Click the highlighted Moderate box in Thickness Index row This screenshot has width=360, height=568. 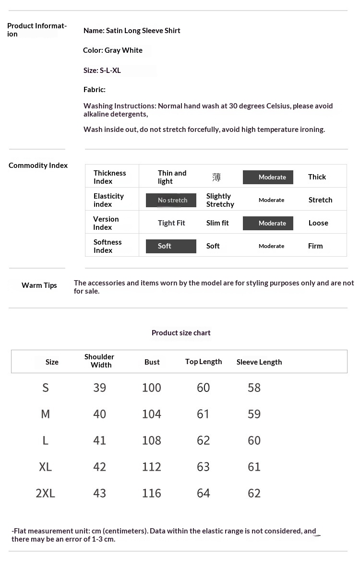[x=268, y=177]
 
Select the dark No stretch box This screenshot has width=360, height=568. [x=171, y=200]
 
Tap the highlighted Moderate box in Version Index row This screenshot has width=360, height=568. [x=268, y=223]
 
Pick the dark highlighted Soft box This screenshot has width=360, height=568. [x=171, y=246]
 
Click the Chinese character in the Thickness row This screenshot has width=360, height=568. [x=216, y=177]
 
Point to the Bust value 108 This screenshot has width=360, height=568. [x=152, y=440]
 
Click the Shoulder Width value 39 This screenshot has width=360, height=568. [x=100, y=388]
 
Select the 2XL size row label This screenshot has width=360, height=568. [x=46, y=493]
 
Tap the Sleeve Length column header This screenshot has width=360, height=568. [x=259, y=362]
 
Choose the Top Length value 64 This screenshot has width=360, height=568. [x=204, y=493]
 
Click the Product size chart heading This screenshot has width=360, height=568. [x=181, y=333]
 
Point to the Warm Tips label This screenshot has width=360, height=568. [x=39, y=285]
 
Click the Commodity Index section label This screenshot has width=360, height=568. [x=38, y=166]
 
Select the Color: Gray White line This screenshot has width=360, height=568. [x=113, y=50]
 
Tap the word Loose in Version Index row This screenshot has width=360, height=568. [x=318, y=223]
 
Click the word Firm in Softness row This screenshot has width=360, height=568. [x=315, y=246]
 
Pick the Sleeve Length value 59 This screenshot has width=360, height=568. [x=254, y=414]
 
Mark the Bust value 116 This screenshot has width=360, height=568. [x=152, y=493]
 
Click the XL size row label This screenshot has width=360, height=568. [x=46, y=467]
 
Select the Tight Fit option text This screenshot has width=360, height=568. [x=171, y=223]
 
